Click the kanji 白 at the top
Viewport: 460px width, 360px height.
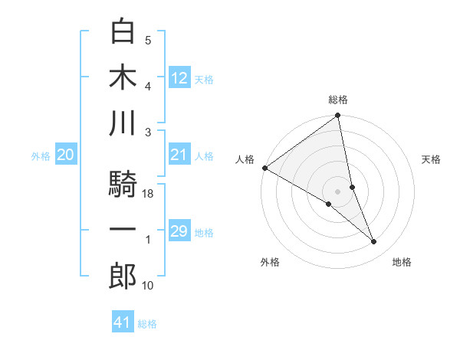click(x=123, y=31)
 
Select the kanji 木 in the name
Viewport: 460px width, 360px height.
click(x=123, y=78)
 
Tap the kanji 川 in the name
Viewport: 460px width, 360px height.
click(x=123, y=124)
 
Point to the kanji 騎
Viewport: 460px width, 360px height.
click(x=123, y=184)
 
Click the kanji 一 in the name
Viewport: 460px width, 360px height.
click(x=123, y=231)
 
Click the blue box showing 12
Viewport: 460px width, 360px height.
click(x=179, y=77)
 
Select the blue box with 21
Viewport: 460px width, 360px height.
click(x=179, y=155)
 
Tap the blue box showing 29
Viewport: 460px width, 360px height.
click(x=179, y=232)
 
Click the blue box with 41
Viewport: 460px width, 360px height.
click(x=123, y=323)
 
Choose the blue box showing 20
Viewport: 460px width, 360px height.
click(x=65, y=155)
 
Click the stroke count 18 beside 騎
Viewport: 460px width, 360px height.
click(x=148, y=195)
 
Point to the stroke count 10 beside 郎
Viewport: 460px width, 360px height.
click(x=148, y=285)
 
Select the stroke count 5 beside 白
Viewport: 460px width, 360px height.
click(x=148, y=41)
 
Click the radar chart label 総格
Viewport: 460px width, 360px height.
click(x=338, y=100)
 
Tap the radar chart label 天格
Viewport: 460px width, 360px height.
click(x=432, y=159)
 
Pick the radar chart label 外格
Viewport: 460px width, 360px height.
click(x=270, y=263)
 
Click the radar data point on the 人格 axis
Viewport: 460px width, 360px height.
click(x=264, y=168)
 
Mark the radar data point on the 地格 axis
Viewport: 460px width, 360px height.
click(x=374, y=242)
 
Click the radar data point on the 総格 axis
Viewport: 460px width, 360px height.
click(x=338, y=116)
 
